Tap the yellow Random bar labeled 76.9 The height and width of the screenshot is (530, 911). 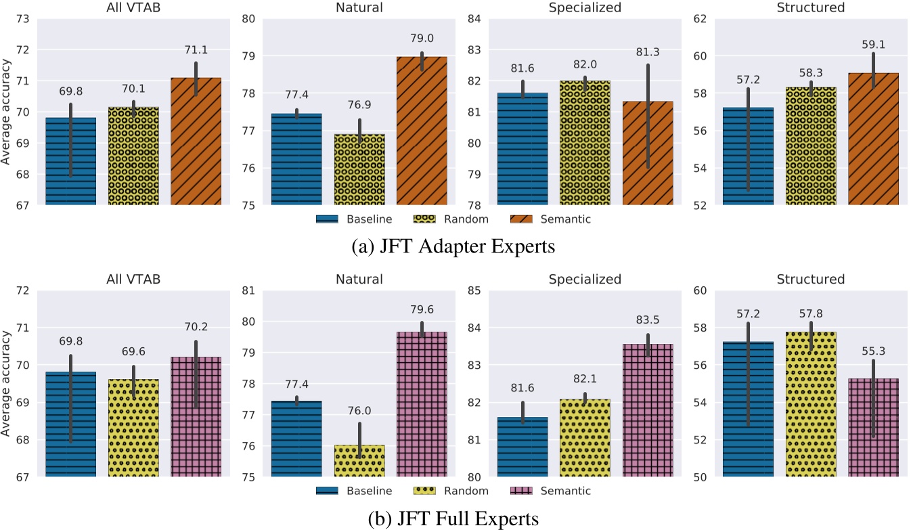pos(359,169)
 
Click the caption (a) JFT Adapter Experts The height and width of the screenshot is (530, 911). pos(455,247)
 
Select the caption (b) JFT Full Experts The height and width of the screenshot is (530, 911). pos(455,519)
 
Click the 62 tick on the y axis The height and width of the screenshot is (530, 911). pos(699,18)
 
